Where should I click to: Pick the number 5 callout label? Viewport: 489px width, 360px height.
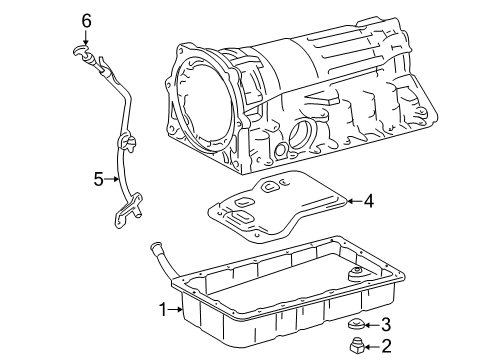98,179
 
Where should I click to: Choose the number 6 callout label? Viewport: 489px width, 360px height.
86,20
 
